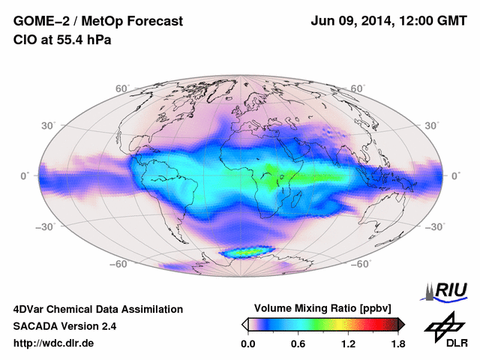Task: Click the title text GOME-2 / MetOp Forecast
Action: pos(97,22)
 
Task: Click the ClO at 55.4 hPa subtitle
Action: pos(62,40)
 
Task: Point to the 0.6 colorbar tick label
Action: pos(298,344)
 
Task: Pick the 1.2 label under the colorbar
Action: pos(348,344)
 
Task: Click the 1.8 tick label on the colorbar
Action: pos(398,344)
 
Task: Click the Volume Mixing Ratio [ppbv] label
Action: pos(324,308)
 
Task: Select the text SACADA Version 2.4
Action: pos(64,326)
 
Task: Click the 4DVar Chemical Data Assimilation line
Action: pos(97,309)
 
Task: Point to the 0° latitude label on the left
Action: pos(25,175)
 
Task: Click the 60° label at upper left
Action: pos(122,89)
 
